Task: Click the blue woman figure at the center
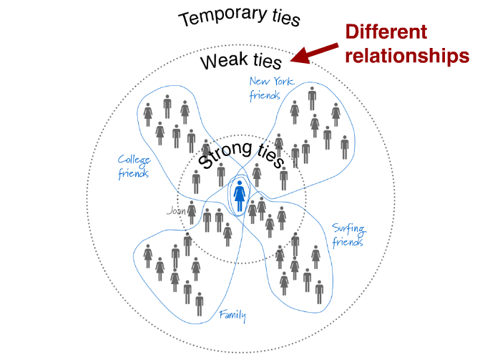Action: [240, 195]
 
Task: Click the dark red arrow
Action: [315, 50]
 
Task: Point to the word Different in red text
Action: [386, 32]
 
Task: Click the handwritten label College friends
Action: [134, 166]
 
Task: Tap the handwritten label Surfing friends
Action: [348, 235]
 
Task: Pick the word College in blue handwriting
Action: [134, 160]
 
